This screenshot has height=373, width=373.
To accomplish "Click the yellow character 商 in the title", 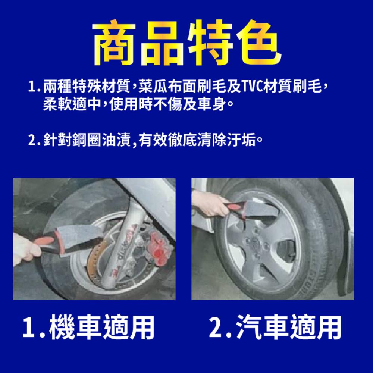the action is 115,43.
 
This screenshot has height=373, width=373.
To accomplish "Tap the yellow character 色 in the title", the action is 259,43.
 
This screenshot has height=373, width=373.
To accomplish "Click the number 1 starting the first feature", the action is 32,87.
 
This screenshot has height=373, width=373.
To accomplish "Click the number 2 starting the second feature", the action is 32,140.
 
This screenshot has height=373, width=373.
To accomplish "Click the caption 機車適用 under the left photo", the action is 101,327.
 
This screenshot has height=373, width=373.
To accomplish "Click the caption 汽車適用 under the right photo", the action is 289,327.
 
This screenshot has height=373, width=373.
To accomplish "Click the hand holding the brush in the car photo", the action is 209,203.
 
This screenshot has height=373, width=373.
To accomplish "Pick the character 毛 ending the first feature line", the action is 315,86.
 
